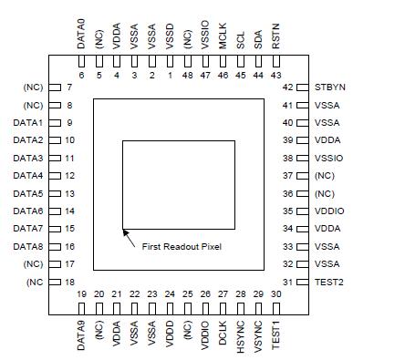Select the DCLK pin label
tap(223, 329)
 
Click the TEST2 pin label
tap(329, 282)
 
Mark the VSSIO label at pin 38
tap(329, 158)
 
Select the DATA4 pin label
tap(28, 175)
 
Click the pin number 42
tap(287, 87)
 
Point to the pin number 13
tap(69, 193)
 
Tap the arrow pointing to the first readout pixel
tap(130, 238)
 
